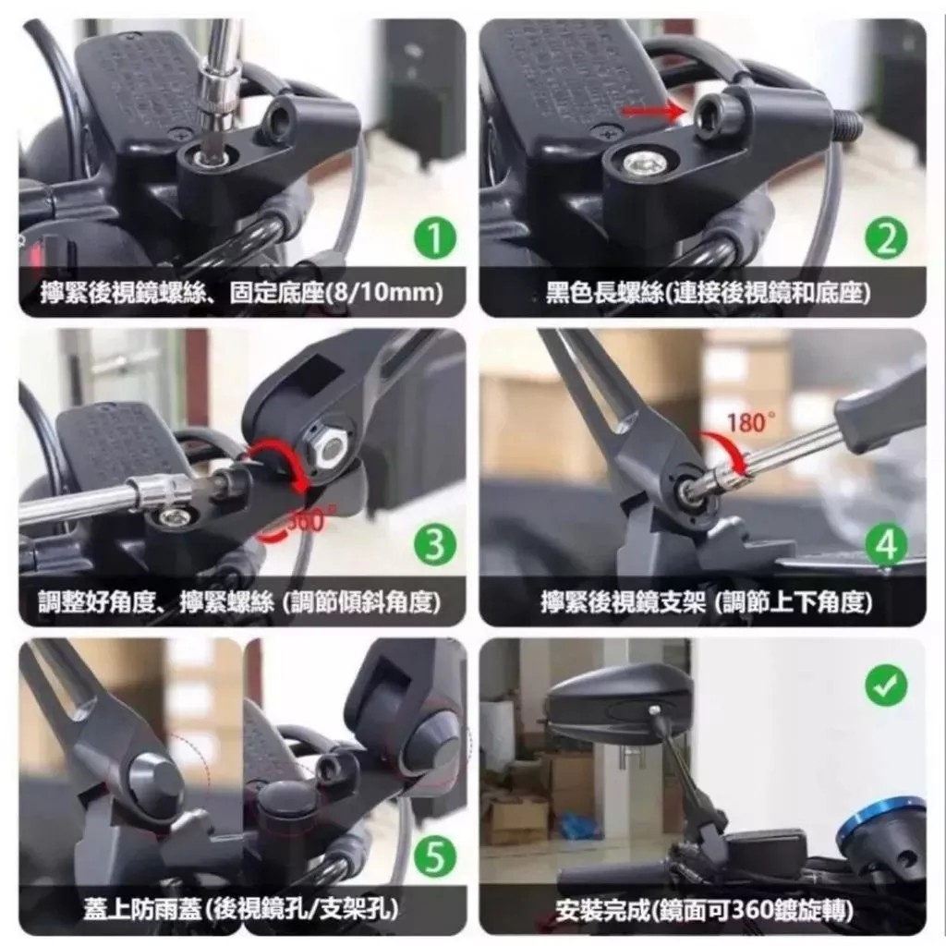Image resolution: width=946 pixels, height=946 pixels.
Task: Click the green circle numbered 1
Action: [x=434, y=237]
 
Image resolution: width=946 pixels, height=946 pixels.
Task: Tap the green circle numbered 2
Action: [x=886, y=237]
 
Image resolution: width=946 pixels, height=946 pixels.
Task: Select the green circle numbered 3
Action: [x=434, y=545]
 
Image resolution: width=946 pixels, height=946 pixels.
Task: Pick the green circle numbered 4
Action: [x=886, y=545]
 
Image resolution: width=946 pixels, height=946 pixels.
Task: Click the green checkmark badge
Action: [x=886, y=686]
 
